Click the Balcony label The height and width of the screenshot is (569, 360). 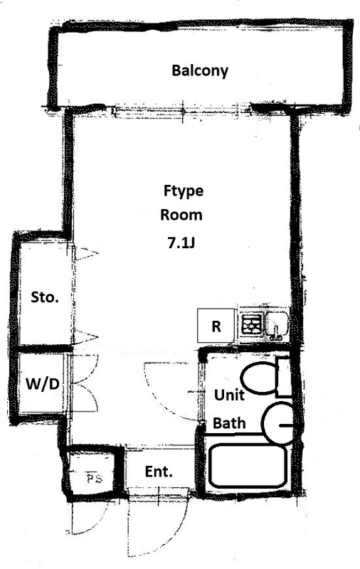[200, 70]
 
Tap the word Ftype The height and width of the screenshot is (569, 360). [184, 191]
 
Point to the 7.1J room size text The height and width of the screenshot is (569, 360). [181, 243]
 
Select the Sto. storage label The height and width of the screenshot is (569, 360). [45, 297]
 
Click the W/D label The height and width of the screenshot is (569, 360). [43, 383]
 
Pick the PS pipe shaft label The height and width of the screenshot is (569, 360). [95, 478]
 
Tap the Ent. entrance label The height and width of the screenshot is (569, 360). [159, 472]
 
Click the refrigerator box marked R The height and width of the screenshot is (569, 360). [216, 326]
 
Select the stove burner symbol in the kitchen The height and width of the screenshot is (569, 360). [252, 324]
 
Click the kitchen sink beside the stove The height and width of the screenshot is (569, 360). [277, 324]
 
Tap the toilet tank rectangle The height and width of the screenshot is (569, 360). [283, 377]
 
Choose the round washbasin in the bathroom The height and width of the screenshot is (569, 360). [279, 424]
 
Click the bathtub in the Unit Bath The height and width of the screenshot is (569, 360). [248, 466]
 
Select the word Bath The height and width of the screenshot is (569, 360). [229, 423]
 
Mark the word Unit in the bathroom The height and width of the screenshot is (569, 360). [229, 395]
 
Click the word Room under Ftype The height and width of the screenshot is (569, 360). [181, 215]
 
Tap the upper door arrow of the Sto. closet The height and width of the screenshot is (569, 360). [85, 253]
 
